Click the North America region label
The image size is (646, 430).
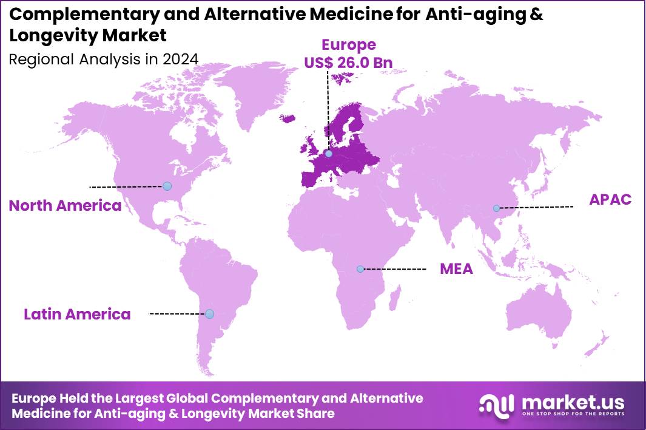(65, 205)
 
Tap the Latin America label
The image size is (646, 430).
(77, 314)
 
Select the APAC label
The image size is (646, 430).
(610, 199)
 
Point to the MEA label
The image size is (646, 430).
(456, 268)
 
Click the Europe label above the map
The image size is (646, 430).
(348, 44)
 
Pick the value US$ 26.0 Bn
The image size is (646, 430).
(348, 63)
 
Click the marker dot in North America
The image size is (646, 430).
(167, 186)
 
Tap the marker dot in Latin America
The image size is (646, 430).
(209, 314)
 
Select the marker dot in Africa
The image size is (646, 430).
(360, 268)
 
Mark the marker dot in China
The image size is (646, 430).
(496, 208)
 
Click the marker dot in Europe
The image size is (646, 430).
(329, 154)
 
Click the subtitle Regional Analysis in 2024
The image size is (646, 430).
(103, 59)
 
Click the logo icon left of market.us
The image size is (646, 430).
(497, 405)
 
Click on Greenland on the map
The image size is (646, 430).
(255, 91)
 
